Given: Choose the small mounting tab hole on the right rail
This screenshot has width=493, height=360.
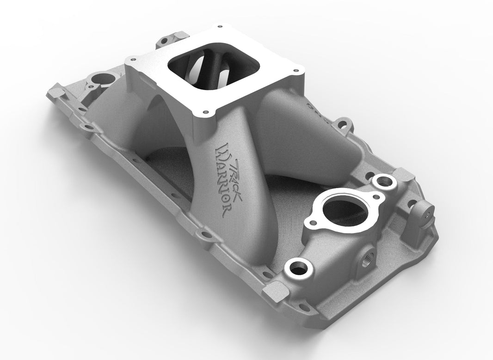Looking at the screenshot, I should coord(344,124).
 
